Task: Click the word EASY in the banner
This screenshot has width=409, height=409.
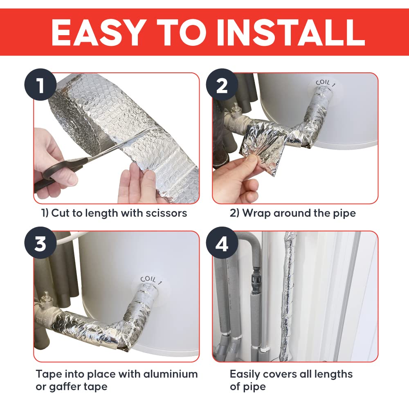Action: pos(98,32)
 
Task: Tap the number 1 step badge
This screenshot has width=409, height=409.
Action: pos(40,85)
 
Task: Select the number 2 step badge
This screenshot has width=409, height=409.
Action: pos(222,85)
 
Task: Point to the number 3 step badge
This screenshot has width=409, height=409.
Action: pos(40,243)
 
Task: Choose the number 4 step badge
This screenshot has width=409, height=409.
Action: pos(222,243)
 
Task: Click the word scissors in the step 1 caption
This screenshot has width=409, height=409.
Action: pos(166,213)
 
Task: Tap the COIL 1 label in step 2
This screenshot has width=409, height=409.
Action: pos(325,83)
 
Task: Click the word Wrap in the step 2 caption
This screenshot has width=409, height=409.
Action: pos(257,213)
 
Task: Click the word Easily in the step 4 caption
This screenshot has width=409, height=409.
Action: pos(245,374)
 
